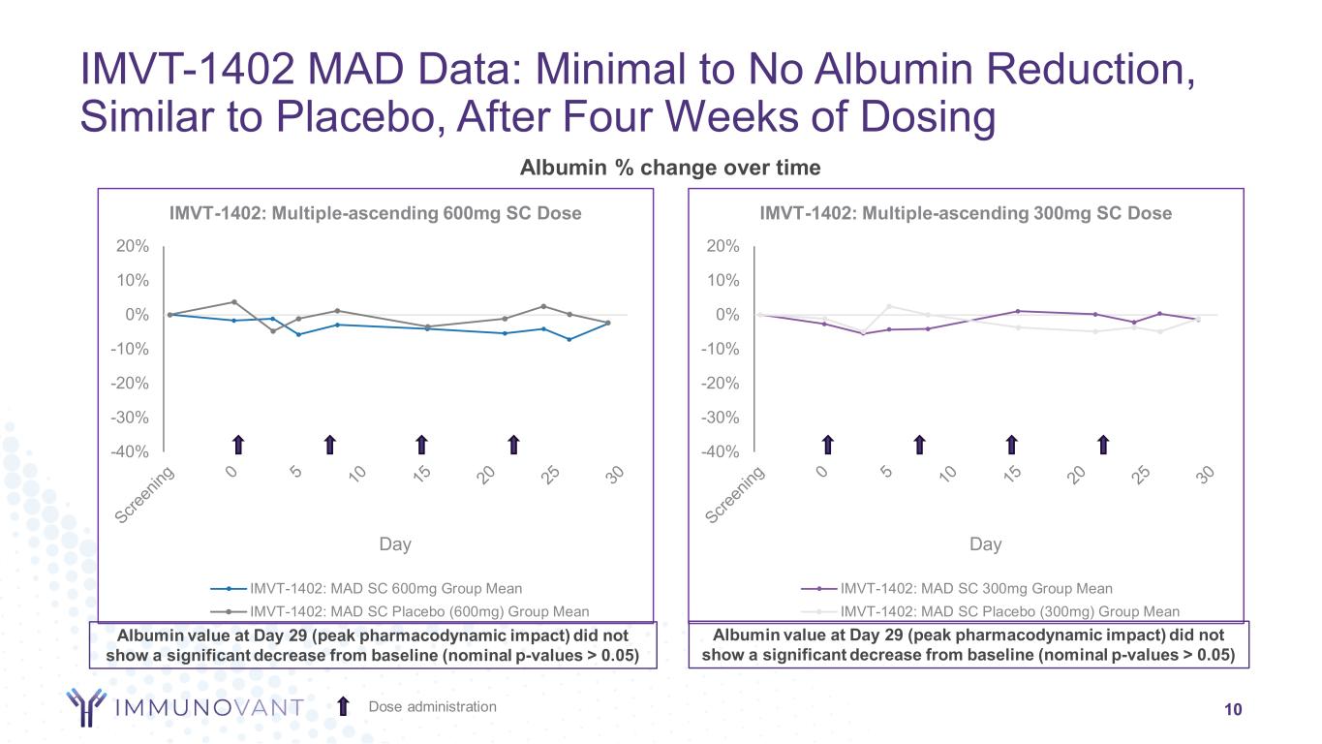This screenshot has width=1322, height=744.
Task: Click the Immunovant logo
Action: click(184, 707)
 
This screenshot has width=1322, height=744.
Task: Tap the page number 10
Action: click(1233, 709)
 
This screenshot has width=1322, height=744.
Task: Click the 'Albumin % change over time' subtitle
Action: click(670, 168)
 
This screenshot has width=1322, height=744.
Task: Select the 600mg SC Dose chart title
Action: click(376, 213)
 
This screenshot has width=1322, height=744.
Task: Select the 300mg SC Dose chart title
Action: click(966, 213)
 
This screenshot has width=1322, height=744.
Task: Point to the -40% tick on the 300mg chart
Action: click(722, 451)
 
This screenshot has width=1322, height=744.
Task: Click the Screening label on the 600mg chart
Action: click(146, 495)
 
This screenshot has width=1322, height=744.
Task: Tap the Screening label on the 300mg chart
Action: click(736, 495)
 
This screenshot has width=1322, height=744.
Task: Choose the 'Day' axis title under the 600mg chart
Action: click(395, 544)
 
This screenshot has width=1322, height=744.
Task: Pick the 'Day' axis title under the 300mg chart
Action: click(985, 544)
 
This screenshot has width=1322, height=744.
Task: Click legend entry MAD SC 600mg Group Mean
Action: click(385, 588)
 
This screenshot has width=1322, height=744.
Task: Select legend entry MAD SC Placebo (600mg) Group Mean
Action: click(419, 611)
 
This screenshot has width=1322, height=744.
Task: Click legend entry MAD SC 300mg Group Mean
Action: click(976, 588)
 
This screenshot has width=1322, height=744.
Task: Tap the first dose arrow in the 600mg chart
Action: click(237, 444)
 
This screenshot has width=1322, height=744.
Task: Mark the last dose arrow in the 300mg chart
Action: click(1103, 444)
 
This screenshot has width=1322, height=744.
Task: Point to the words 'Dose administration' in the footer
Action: click(432, 706)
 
